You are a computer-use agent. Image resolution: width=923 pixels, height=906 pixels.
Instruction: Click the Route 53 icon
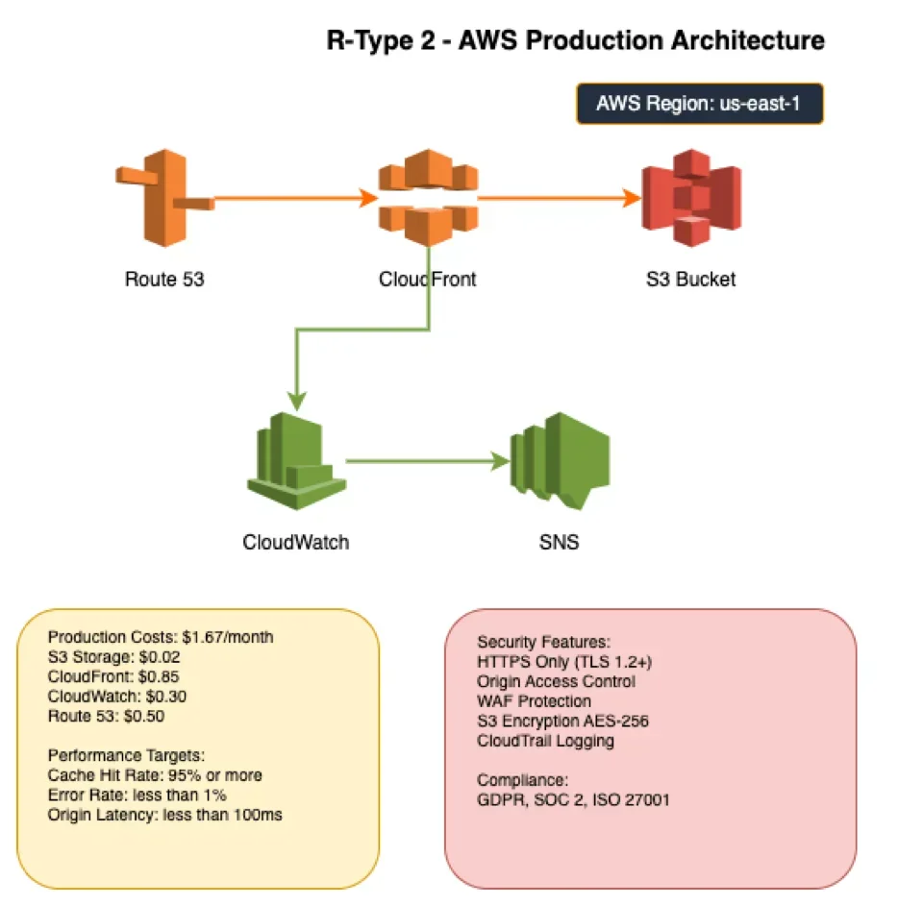coord(164,196)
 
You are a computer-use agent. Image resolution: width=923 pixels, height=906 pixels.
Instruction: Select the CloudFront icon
coord(428,198)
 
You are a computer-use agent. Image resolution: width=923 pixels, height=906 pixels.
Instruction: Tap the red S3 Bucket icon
coord(691,198)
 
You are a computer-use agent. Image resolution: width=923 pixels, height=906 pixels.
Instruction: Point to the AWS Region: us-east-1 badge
coord(699,104)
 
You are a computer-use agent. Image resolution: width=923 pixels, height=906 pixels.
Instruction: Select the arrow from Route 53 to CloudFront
coord(293,199)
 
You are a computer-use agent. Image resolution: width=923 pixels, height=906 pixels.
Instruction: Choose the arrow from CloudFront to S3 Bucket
coord(558,199)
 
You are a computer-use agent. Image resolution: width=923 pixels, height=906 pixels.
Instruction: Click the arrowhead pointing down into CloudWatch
coord(297,399)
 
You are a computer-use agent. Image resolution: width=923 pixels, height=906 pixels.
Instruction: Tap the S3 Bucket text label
coord(690,280)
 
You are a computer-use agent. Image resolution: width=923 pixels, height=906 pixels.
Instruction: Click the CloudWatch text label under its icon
coord(296,542)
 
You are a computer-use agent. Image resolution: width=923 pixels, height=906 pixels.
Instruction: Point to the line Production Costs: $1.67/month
coord(161,637)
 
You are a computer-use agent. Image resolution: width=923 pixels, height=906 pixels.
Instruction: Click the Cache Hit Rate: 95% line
coord(155,774)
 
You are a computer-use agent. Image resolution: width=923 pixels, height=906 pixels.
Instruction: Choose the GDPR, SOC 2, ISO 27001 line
coord(573,798)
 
